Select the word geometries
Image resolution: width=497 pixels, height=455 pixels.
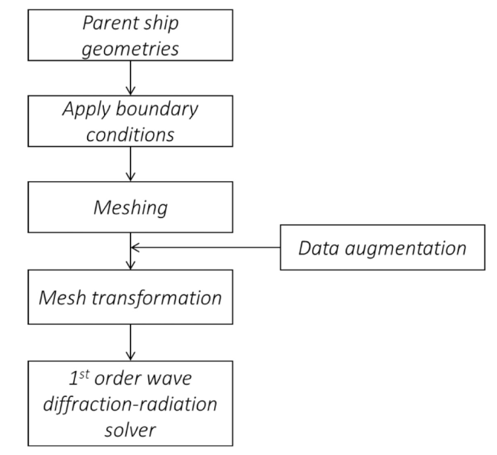[130, 49]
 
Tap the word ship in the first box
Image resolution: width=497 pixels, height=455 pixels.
[161, 24]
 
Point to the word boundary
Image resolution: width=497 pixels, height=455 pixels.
[158, 109]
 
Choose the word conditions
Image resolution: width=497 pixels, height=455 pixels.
[130, 135]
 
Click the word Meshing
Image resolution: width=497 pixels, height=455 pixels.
[131, 208]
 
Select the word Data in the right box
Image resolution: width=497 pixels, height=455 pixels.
[319, 248]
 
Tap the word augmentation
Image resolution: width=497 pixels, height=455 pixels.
[406, 249]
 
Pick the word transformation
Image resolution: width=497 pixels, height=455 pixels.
[157, 299]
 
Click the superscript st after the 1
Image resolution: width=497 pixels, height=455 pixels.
[84, 374]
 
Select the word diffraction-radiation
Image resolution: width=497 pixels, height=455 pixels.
[130, 404]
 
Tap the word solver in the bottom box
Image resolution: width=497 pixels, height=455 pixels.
[130, 431]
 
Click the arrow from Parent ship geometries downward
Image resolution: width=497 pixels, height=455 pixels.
[131, 78]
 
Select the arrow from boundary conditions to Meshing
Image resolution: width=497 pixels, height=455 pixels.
[131, 164]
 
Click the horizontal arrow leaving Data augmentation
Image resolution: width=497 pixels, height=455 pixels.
[206, 247]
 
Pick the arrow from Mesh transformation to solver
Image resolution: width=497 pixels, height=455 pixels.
[131, 343]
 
